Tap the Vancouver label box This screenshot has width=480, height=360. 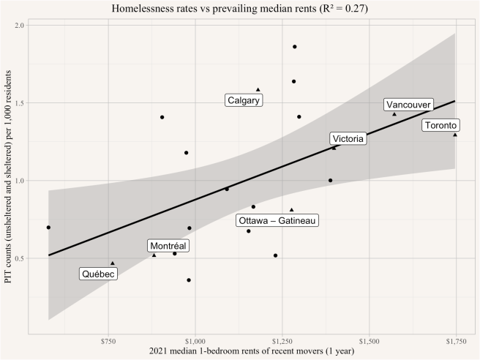(x=408, y=105)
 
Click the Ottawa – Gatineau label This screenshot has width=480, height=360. (x=278, y=220)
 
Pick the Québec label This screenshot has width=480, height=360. (x=98, y=274)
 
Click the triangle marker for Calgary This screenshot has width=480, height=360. (x=258, y=89)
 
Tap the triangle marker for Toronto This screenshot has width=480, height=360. (x=454, y=135)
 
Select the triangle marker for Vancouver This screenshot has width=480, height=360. (x=394, y=114)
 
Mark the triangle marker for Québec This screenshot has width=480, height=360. (x=113, y=263)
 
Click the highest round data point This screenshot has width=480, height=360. (x=295, y=47)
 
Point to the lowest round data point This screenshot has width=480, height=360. (x=189, y=280)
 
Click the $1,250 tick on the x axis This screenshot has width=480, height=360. (x=282, y=342)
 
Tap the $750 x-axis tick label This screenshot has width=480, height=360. (x=108, y=342)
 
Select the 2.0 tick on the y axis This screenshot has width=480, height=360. (x=20, y=26)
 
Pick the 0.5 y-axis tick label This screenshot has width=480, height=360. (x=20, y=258)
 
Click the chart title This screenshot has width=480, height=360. (x=240, y=9)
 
